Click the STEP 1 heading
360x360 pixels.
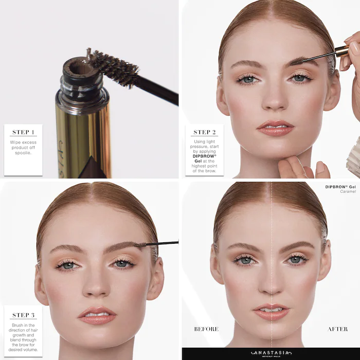click(23, 132)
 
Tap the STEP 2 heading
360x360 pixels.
click(204, 132)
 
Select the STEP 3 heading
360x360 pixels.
click(23, 315)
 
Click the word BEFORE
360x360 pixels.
click(206, 329)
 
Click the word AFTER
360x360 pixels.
click(337, 329)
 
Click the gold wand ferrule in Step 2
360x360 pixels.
click(340, 51)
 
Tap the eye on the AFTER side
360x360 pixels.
click(296, 260)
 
